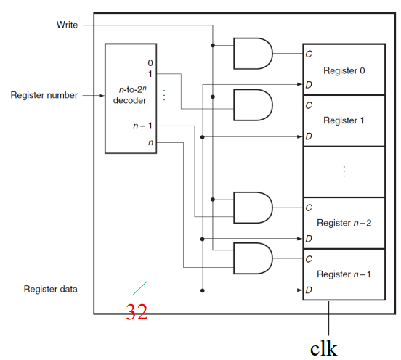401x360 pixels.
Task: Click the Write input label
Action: point(67,25)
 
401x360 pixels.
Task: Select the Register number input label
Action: point(44,94)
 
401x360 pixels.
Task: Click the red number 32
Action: point(137,312)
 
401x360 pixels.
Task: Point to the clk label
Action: point(323,348)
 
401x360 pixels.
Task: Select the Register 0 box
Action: point(344,70)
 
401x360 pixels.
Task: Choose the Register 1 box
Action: point(344,120)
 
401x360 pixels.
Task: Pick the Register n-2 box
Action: point(344,222)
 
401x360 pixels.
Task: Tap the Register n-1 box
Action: point(344,274)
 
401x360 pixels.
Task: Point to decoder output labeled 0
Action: point(150,62)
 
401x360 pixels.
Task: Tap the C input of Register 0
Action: point(309,54)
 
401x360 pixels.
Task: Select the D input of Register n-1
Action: point(309,290)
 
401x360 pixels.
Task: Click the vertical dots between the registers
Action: point(344,171)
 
